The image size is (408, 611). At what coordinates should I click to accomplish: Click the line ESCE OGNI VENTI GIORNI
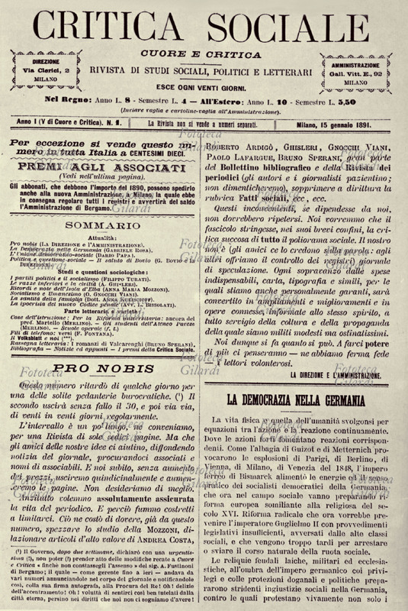[x=204, y=86]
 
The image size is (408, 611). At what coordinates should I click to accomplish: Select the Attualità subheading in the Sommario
[x=102, y=218]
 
